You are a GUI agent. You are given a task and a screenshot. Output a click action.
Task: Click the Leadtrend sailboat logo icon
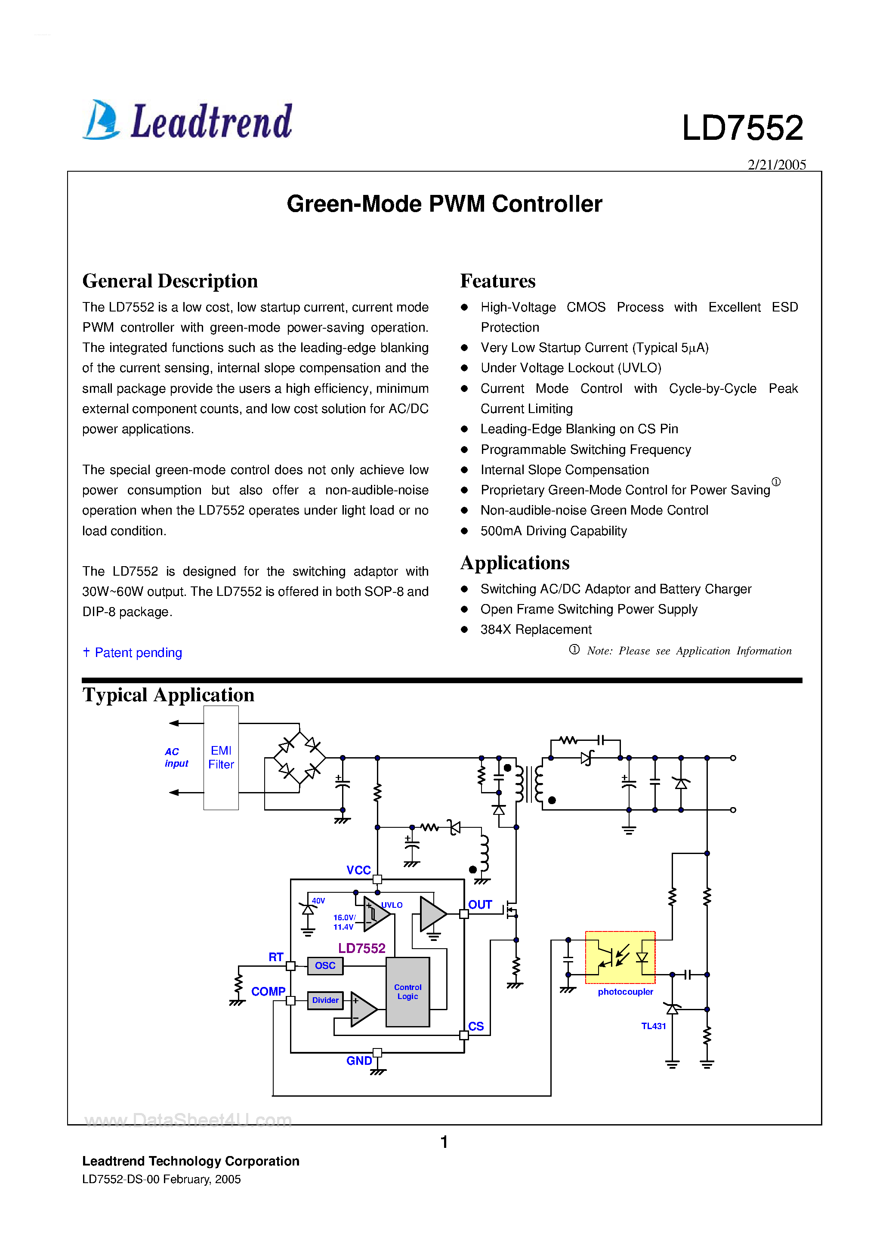tap(101, 120)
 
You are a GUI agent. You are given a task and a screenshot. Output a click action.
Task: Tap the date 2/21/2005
tap(776, 164)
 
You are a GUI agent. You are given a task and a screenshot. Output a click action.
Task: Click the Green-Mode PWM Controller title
tap(444, 204)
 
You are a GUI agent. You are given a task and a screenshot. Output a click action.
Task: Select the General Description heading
tap(170, 281)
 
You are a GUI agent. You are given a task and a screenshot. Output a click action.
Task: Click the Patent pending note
tap(133, 653)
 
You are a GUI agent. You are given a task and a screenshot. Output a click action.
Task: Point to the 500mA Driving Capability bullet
tap(553, 531)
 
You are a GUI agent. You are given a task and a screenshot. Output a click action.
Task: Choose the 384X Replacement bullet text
tap(535, 629)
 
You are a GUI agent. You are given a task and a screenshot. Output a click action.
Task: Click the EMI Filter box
tap(221, 758)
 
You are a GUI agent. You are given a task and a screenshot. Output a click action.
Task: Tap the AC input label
tap(176, 757)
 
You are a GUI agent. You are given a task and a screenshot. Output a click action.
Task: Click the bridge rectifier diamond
tap(299, 758)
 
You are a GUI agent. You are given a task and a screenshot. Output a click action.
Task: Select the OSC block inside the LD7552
tap(325, 965)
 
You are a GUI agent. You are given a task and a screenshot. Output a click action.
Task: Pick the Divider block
tap(325, 1000)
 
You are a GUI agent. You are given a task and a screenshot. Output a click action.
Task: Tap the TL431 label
tap(653, 1026)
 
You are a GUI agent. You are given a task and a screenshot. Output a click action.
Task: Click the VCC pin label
tap(358, 870)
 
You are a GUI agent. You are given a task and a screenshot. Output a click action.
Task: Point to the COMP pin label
tap(268, 992)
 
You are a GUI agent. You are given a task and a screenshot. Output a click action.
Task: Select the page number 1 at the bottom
tap(444, 1142)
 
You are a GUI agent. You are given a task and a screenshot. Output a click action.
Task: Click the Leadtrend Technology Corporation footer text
tap(191, 1161)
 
